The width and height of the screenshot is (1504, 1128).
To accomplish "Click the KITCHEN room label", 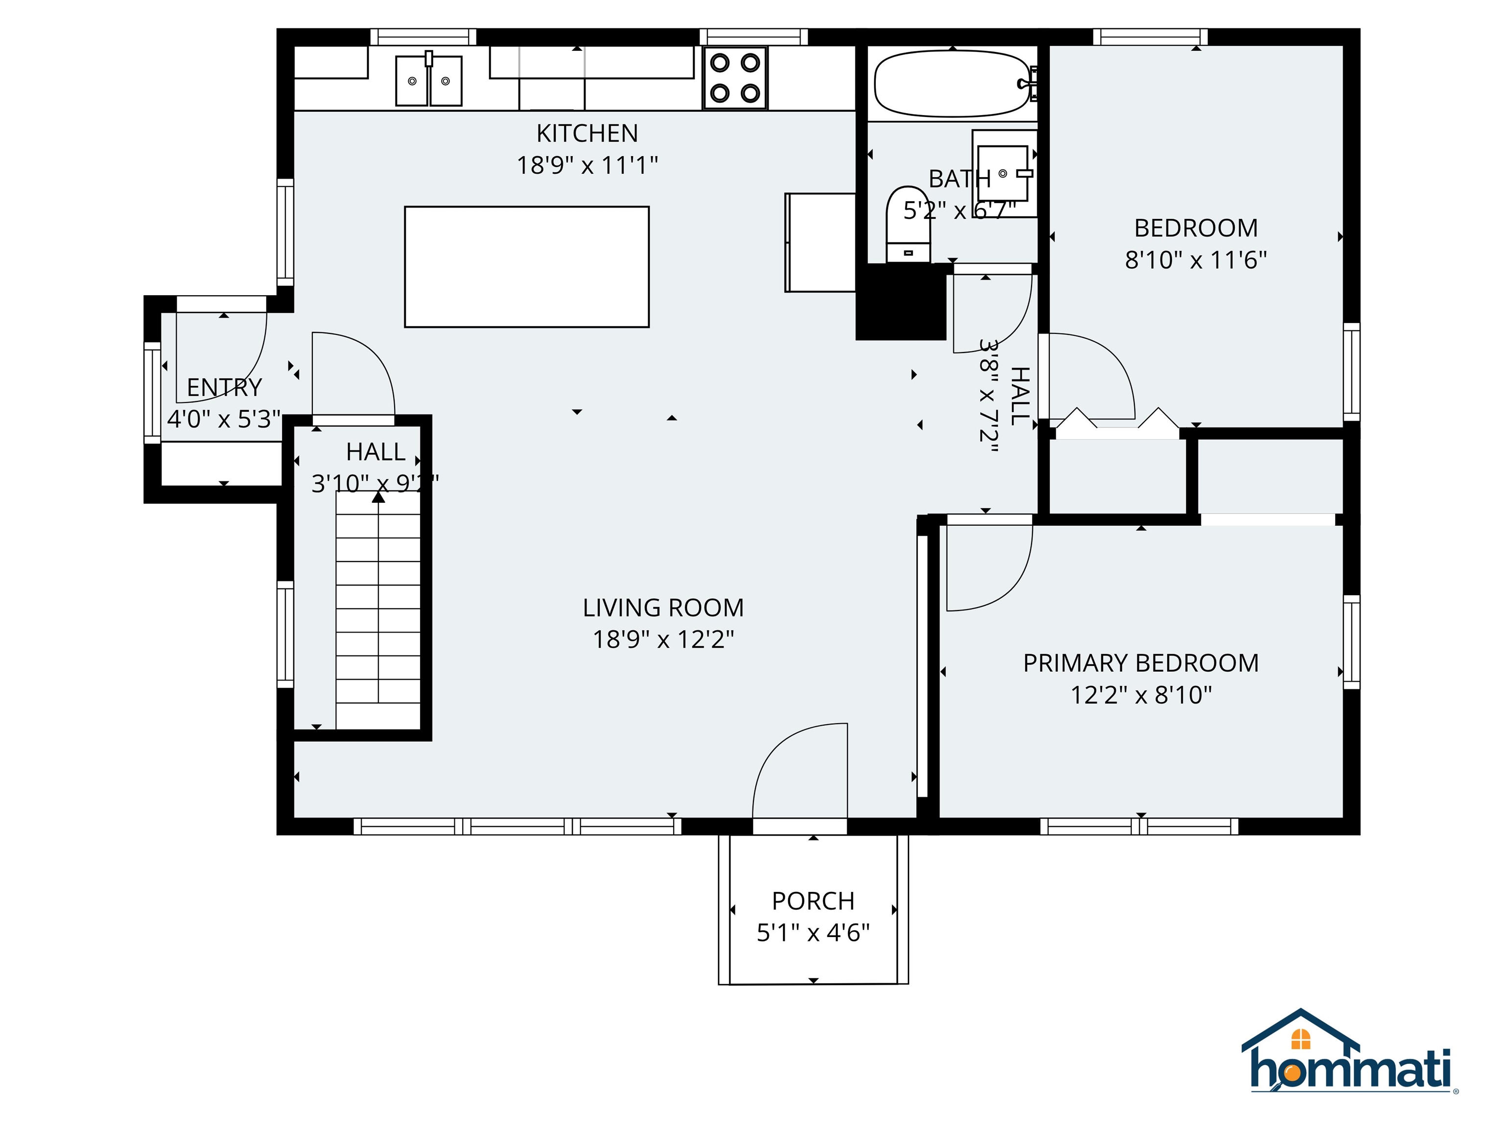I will point(587,133).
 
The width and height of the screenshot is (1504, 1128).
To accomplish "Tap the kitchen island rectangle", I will point(526,266).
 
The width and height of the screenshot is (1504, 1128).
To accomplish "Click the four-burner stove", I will point(735,77).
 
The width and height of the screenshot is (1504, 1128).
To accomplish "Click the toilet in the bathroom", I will point(908,224).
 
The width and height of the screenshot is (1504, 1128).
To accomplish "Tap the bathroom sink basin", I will point(1002,173).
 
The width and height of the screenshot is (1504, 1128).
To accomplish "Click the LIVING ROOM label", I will point(663,607).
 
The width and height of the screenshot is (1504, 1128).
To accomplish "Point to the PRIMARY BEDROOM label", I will point(1140,663).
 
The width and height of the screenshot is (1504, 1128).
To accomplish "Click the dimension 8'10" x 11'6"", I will point(1195,260).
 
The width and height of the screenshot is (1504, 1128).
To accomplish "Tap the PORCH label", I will point(813,901).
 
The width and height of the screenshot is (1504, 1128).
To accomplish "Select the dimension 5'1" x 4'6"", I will point(813,933).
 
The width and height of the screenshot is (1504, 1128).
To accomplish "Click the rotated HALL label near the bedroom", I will point(1019,396).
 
